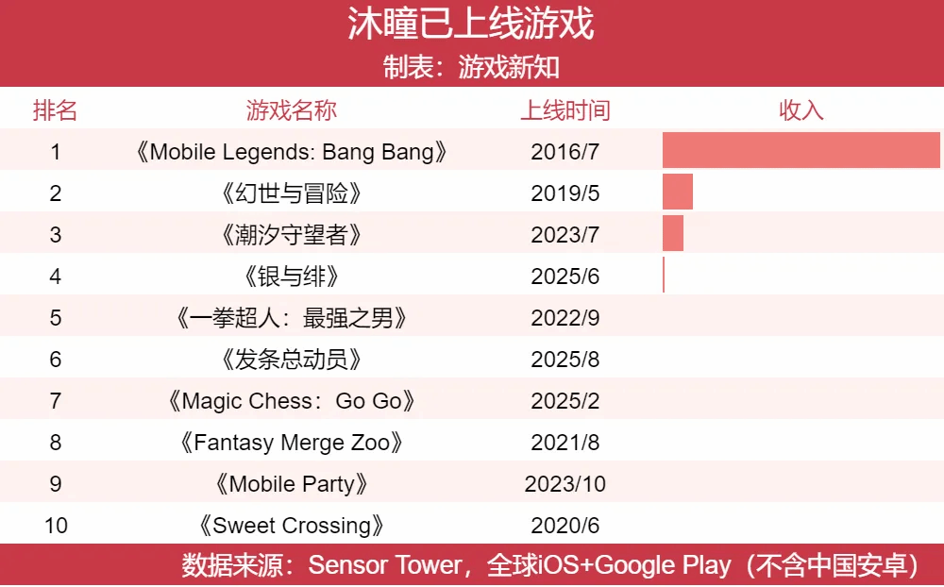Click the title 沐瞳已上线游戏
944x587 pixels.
tap(471, 25)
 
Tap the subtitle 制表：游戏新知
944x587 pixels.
tap(471, 67)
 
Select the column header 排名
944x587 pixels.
tap(56, 110)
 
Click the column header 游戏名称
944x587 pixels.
tap(292, 110)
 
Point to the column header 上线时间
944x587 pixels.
tap(565, 110)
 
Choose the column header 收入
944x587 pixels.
tap(801, 110)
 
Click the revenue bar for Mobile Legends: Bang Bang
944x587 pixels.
tap(801, 151)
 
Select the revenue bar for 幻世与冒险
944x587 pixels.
tap(678, 193)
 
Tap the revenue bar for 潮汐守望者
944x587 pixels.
tap(673, 234)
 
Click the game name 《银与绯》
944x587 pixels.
tap(292, 277)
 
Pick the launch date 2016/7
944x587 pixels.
tap(565, 152)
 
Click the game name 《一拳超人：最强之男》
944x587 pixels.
tap(292, 318)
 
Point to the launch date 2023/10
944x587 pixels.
tap(565, 484)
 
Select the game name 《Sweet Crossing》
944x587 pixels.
tap(292, 526)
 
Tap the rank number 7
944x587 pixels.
tap(56, 401)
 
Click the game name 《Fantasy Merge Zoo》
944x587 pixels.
tap(292, 443)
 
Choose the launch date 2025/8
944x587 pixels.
tap(565, 360)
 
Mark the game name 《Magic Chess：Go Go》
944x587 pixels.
tap(292, 401)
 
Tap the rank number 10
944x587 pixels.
tap(56, 526)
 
